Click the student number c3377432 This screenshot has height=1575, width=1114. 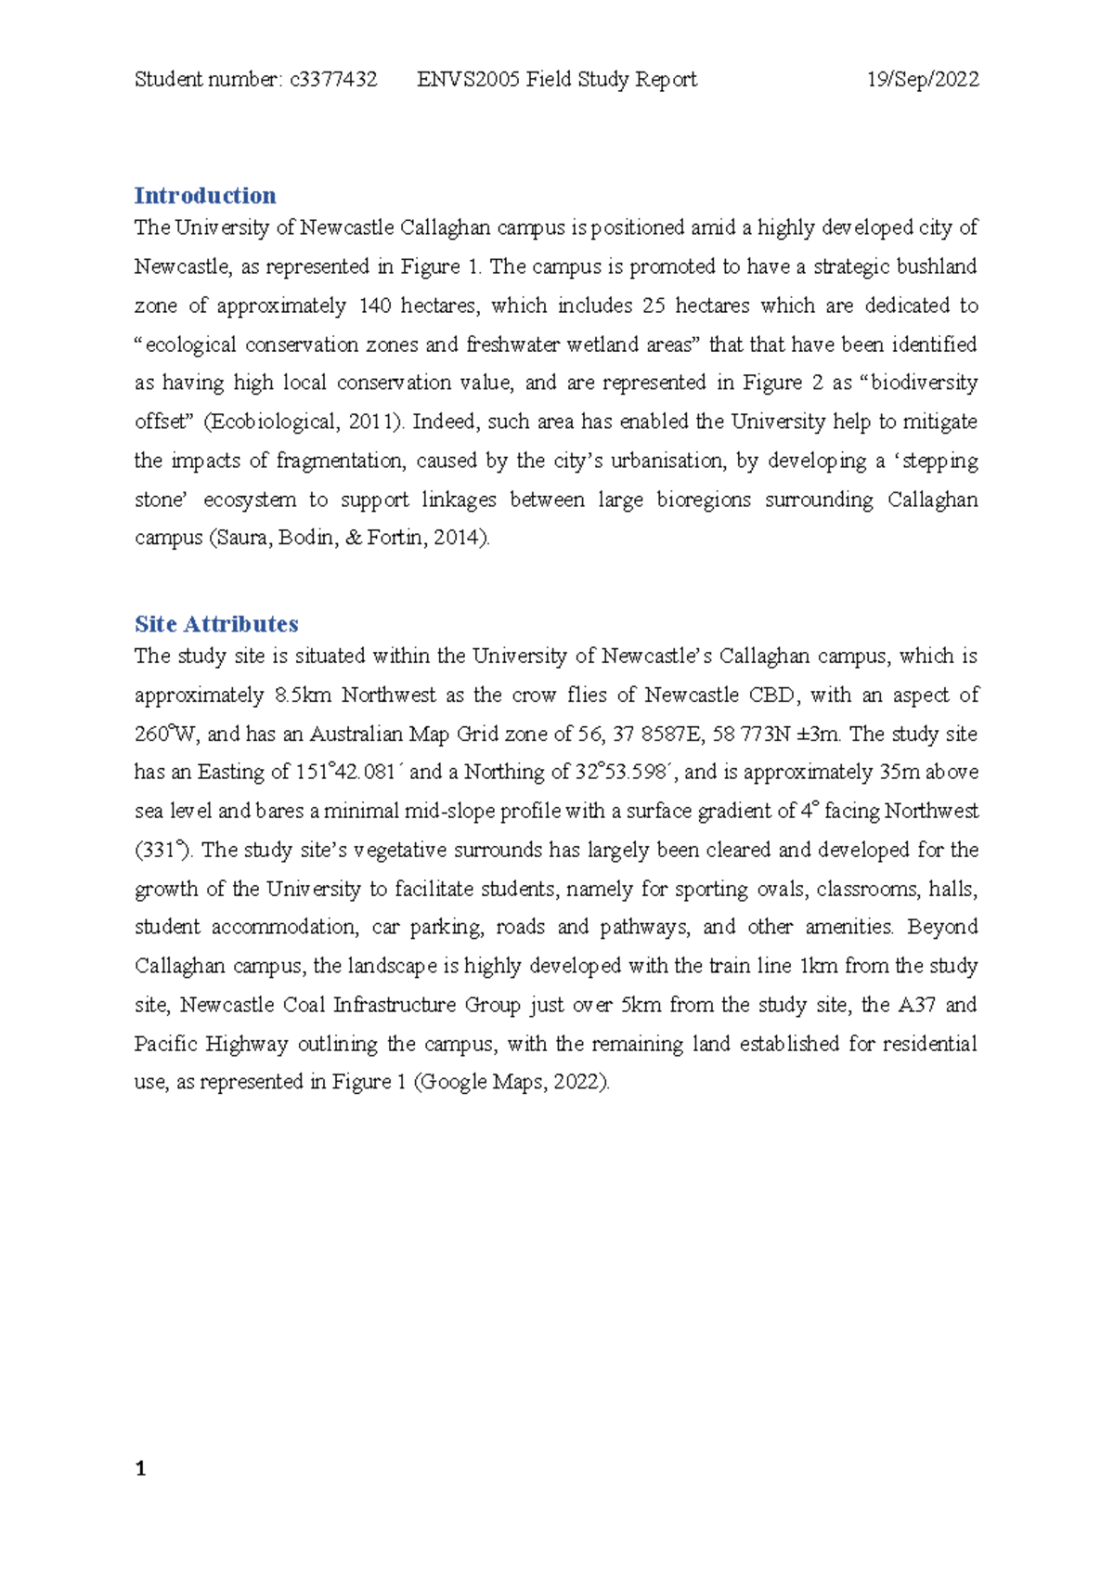tap(333, 80)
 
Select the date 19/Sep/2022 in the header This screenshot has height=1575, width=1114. tap(922, 80)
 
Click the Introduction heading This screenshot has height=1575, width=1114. tap(205, 196)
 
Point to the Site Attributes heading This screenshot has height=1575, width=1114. tap(216, 624)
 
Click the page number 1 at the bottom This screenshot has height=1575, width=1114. tap(140, 1468)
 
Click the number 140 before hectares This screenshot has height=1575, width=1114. tap(374, 306)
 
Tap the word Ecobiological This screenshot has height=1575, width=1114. tap(272, 422)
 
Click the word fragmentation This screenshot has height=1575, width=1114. tap(339, 461)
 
